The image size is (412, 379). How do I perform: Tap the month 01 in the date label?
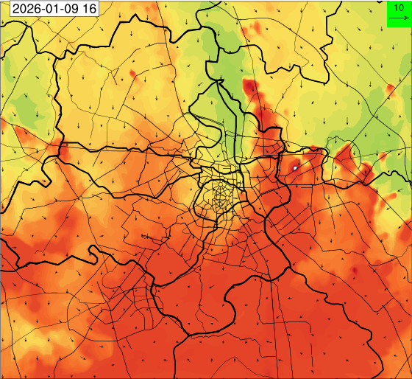(49, 9)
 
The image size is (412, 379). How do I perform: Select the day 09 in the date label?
(68, 9)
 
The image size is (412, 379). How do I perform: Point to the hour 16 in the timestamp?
(89, 9)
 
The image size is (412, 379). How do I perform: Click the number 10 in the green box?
(398, 7)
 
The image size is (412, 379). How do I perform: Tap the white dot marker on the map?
(295, 168)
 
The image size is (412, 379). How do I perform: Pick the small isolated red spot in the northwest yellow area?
(132, 73)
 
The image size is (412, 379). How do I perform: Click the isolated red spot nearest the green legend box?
(390, 89)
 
